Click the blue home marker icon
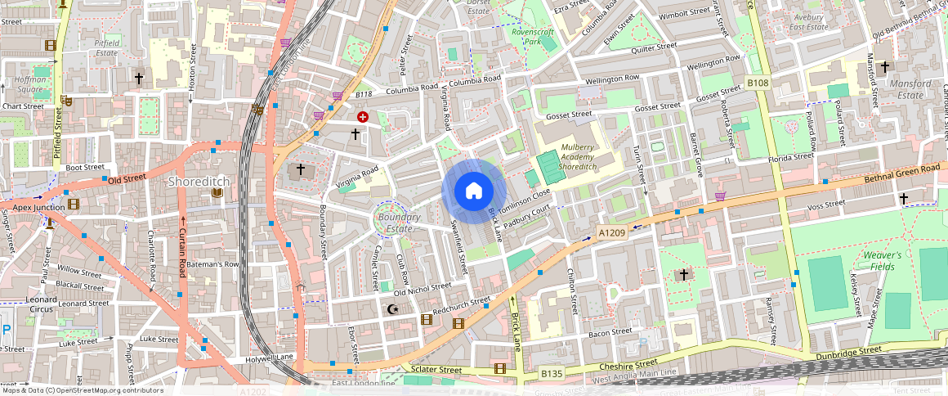474,191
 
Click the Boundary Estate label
399,223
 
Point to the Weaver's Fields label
883,260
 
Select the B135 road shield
552,374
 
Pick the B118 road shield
364,95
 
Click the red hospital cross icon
362,118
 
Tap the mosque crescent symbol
393,309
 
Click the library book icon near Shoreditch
217,193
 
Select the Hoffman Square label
30,85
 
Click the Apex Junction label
38,208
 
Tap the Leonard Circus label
42,304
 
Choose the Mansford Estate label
910,89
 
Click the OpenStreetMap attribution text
83,390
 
